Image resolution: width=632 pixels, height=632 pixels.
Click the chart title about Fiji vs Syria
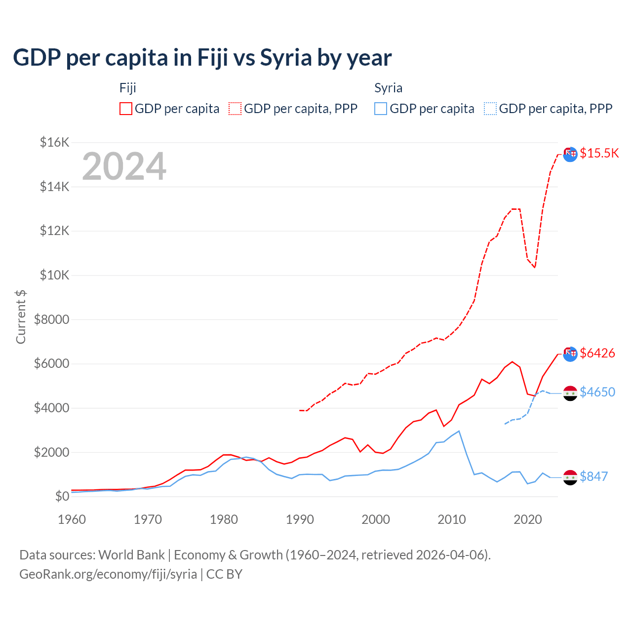click(202, 58)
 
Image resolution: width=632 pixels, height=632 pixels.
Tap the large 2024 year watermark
click(124, 166)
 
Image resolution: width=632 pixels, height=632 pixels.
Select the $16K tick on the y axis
click(54, 143)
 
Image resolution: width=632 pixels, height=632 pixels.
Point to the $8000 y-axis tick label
click(51, 319)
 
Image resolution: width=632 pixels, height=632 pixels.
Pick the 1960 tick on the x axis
click(72, 519)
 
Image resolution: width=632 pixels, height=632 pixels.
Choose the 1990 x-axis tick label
click(300, 519)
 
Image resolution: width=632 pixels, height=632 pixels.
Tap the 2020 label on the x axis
click(528, 519)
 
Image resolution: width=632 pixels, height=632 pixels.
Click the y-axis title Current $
click(21, 316)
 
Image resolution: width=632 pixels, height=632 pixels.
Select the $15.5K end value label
click(599, 153)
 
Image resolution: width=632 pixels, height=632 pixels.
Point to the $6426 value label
click(597, 353)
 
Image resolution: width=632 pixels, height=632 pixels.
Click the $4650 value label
click(597, 392)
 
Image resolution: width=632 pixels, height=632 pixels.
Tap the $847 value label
click(593, 476)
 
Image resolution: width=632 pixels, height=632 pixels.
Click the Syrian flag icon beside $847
click(570, 477)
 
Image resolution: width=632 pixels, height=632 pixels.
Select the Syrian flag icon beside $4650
click(570, 393)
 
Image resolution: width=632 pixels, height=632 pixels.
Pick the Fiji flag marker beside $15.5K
click(570, 154)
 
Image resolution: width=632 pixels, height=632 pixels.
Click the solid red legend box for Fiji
click(126, 109)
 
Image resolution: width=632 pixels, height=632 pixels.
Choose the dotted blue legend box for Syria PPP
click(490, 109)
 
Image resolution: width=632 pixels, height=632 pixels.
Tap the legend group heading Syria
click(388, 88)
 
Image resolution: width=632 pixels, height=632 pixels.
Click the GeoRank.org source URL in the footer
click(108, 574)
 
